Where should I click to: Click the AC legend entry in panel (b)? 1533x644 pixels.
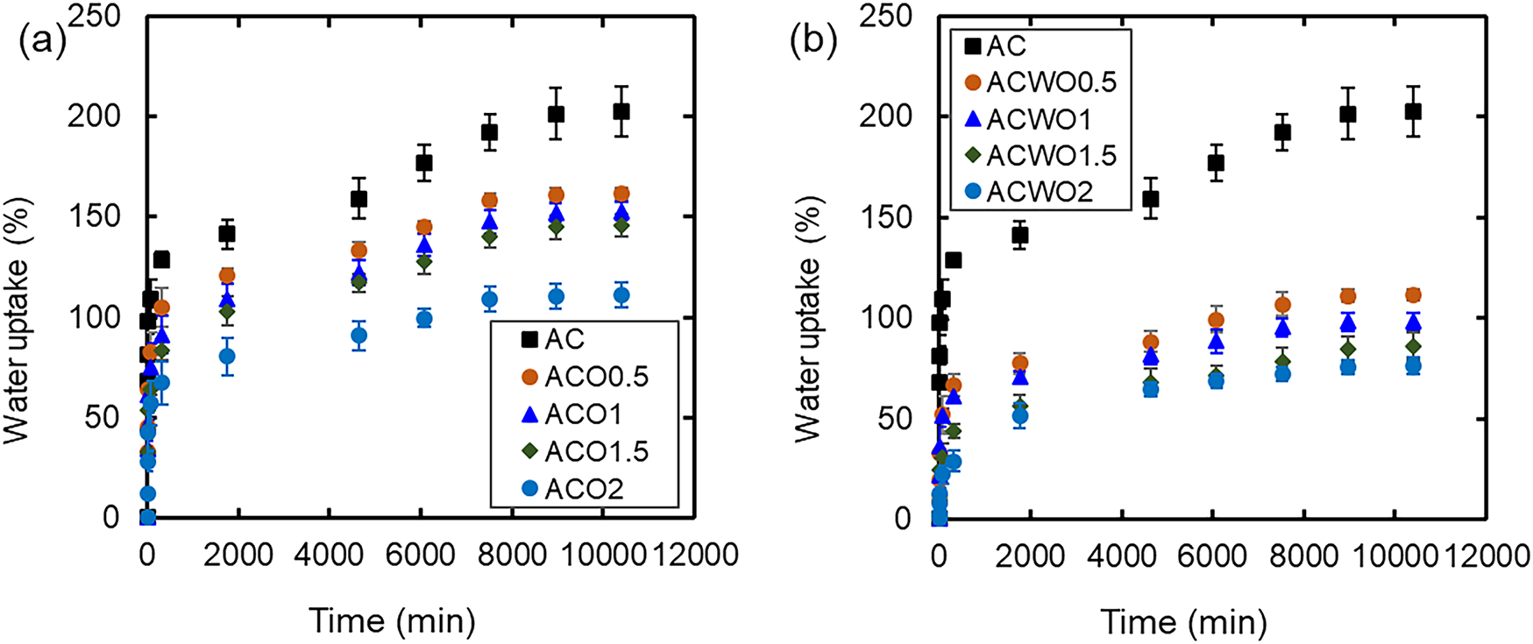995,46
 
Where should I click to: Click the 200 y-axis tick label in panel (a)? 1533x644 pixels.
94,116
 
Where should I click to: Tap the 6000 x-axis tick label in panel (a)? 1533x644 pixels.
422,555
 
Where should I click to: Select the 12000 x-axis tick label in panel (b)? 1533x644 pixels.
1487,556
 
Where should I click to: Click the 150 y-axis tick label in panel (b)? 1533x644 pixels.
886,216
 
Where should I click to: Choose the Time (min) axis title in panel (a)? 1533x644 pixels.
392,621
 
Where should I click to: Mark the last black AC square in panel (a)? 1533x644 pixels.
621,111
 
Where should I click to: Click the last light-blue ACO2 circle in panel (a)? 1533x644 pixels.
621,295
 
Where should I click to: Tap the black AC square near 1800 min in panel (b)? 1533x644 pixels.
1020,235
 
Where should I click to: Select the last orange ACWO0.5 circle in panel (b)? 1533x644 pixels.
1413,295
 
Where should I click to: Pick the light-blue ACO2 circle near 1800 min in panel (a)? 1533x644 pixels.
227,356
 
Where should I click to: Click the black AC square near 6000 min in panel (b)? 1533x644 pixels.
1216,163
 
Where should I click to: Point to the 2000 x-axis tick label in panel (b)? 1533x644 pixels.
1030,556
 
